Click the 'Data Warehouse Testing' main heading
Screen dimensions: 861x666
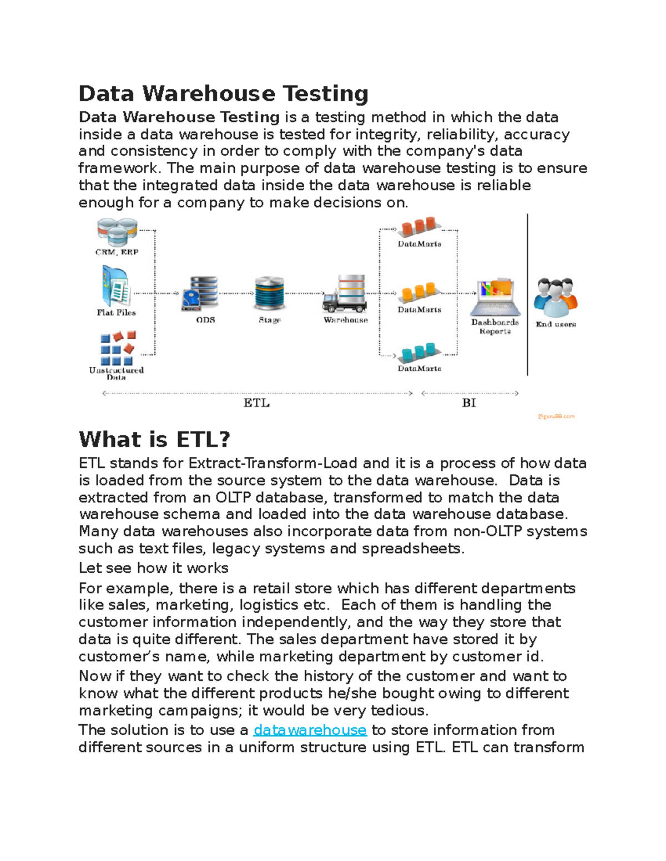coord(223,94)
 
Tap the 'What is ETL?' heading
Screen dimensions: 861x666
coord(154,440)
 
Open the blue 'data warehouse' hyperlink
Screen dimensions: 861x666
coord(310,730)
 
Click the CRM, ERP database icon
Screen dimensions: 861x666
coord(117,231)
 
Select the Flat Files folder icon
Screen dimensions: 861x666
coord(116,286)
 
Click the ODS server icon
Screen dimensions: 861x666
coord(200,293)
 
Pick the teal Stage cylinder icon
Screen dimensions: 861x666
coord(270,293)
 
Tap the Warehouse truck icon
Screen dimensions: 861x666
coord(345,293)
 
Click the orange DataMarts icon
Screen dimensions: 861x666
coord(420,292)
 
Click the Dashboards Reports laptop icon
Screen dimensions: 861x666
coord(495,297)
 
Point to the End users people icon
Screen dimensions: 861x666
coord(556,297)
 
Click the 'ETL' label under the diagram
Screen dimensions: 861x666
coord(256,403)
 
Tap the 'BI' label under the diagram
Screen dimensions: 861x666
coord(469,403)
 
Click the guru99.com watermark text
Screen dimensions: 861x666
coord(556,416)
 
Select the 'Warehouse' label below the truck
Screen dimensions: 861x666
coord(346,320)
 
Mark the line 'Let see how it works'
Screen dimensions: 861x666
coord(154,568)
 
